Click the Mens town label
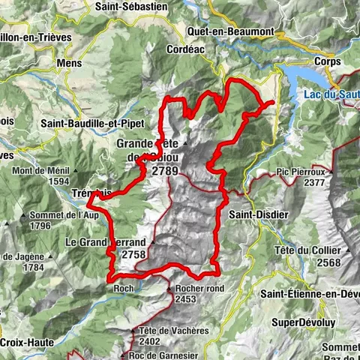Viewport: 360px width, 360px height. [x=89, y=65]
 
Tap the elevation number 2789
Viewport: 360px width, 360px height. [x=164, y=171]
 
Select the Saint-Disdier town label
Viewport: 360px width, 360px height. [x=254, y=214]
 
